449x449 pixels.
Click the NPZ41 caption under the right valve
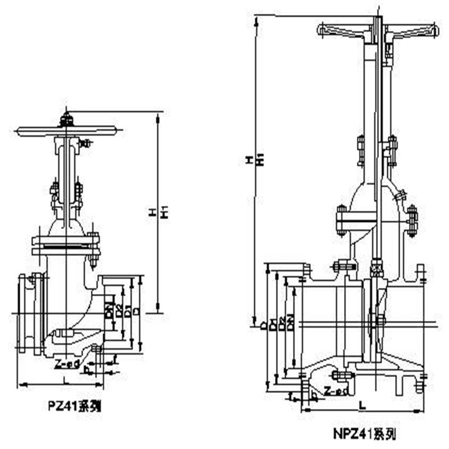[x=363, y=433]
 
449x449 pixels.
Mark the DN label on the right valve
[x=290, y=324]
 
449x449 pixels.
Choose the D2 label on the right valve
[x=282, y=324]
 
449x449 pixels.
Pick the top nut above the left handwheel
[x=67, y=119]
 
